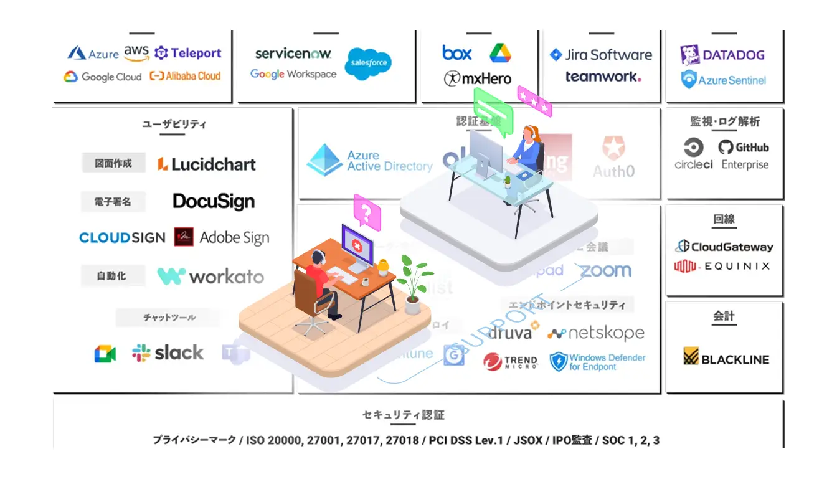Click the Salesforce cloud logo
pyautogui.click(x=368, y=64)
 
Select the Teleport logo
pyautogui.click(x=187, y=54)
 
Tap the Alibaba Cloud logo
pyautogui.click(x=186, y=77)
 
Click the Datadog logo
pyautogui.click(x=722, y=55)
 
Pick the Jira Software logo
pyautogui.click(x=601, y=55)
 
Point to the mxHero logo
pyautogui.click(x=477, y=78)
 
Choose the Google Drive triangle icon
pyautogui.click(x=499, y=53)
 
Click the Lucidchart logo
pyautogui.click(x=206, y=164)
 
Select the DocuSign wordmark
pyautogui.click(x=214, y=201)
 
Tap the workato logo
pyautogui.click(x=210, y=276)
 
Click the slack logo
pyautogui.click(x=168, y=353)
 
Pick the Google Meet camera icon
pyautogui.click(x=105, y=354)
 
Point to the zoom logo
pyautogui.click(x=605, y=271)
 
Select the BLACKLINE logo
pyautogui.click(x=726, y=359)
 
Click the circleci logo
pyautogui.click(x=693, y=154)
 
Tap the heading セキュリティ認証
pyautogui.click(x=404, y=415)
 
